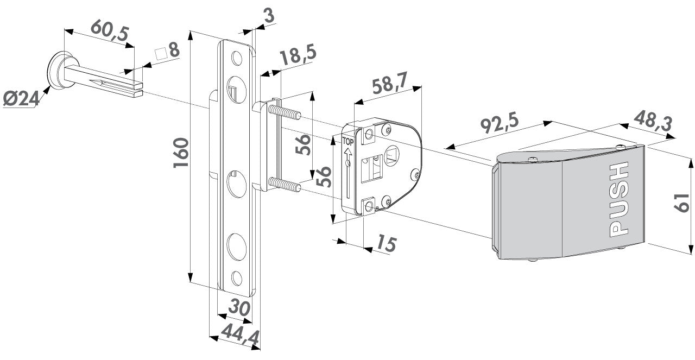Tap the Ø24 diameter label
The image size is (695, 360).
pos(20,99)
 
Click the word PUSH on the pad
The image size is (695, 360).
pos(618,199)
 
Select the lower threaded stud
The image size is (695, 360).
pos(285,184)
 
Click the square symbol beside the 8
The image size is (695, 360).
pos(160,54)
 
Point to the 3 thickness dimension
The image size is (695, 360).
pos(267,16)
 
